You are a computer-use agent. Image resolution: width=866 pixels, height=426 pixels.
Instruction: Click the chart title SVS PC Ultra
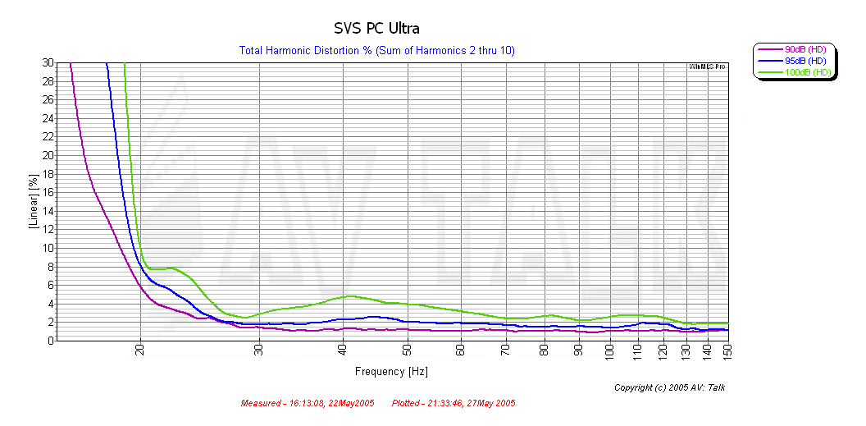click(x=376, y=29)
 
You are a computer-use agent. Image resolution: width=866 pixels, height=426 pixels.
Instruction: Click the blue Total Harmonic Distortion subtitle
click(x=376, y=51)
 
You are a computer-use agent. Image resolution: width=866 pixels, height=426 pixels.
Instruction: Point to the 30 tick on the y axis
click(x=48, y=62)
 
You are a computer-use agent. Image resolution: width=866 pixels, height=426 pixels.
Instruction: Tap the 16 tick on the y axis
click(x=48, y=192)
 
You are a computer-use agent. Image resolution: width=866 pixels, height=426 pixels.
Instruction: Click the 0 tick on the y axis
click(x=51, y=340)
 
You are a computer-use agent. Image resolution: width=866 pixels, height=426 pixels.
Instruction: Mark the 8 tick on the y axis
click(x=51, y=266)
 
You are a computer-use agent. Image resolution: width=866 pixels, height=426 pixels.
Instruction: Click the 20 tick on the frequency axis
click(x=140, y=351)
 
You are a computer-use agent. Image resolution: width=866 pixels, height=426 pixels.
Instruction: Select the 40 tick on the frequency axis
click(x=342, y=351)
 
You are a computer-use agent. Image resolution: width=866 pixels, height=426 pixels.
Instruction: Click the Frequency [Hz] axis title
click(x=391, y=372)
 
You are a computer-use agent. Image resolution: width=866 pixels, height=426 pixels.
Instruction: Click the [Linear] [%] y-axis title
click(x=34, y=201)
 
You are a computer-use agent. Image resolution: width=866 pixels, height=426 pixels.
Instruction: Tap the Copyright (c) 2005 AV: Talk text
click(x=669, y=387)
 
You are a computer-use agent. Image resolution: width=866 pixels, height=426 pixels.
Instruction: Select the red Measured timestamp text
click(x=307, y=404)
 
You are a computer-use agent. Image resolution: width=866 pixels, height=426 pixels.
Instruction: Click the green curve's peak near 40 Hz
click(x=350, y=295)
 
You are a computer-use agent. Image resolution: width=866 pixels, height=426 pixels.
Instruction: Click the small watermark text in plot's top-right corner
click(x=708, y=66)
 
